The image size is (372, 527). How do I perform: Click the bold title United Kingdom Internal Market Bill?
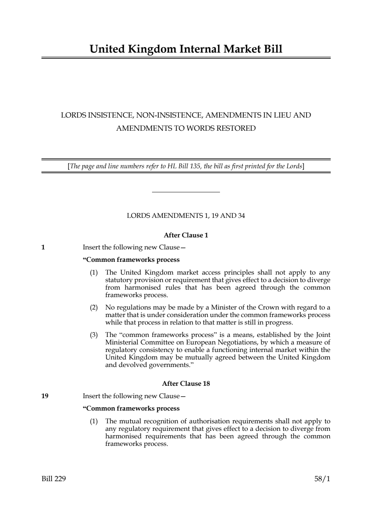click(x=186, y=49)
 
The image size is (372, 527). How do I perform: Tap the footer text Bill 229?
click(x=54, y=479)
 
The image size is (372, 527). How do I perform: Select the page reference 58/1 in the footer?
click(x=322, y=479)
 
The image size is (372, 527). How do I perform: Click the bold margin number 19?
click(x=45, y=396)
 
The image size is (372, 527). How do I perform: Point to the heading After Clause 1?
click(x=186, y=235)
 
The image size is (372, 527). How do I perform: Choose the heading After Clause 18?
click(x=186, y=384)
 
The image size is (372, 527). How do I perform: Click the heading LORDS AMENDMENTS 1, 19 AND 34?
click(x=186, y=216)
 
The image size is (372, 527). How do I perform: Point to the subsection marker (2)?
click(x=93, y=308)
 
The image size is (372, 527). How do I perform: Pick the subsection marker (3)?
click(x=93, y=335)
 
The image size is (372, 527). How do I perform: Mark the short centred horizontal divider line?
click(x=186, y=192)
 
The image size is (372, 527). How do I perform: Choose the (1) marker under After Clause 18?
click(x=93, y=421)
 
